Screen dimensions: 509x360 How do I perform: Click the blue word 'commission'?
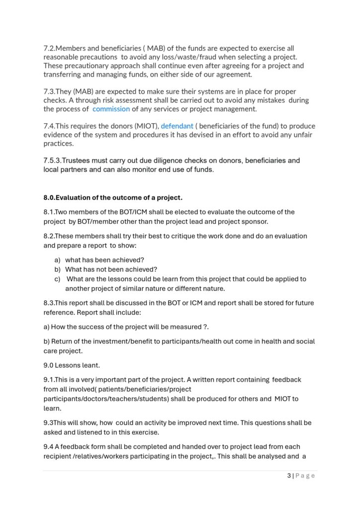pos(111,109)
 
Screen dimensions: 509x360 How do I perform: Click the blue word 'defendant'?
pos(177,126)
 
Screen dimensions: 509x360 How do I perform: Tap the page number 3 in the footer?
pos(289,476)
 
